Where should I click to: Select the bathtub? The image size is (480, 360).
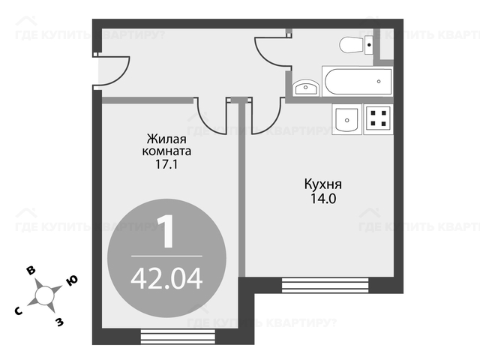357,82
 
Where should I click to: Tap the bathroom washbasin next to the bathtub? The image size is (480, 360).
306,88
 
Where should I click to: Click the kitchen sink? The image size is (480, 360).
346,119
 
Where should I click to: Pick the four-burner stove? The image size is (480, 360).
378,119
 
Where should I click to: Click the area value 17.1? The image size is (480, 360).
166,165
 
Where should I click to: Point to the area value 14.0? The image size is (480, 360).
323,199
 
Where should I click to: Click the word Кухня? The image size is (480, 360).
323,184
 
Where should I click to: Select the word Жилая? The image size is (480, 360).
166,139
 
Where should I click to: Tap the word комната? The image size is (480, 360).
166,151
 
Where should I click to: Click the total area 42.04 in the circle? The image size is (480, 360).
166,278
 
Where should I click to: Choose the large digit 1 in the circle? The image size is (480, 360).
166,231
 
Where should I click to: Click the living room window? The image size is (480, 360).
178,336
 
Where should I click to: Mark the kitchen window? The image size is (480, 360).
325,285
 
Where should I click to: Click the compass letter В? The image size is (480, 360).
31,271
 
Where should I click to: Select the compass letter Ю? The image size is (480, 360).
72,280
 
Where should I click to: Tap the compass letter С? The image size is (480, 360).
19,311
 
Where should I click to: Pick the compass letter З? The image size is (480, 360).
59,322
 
